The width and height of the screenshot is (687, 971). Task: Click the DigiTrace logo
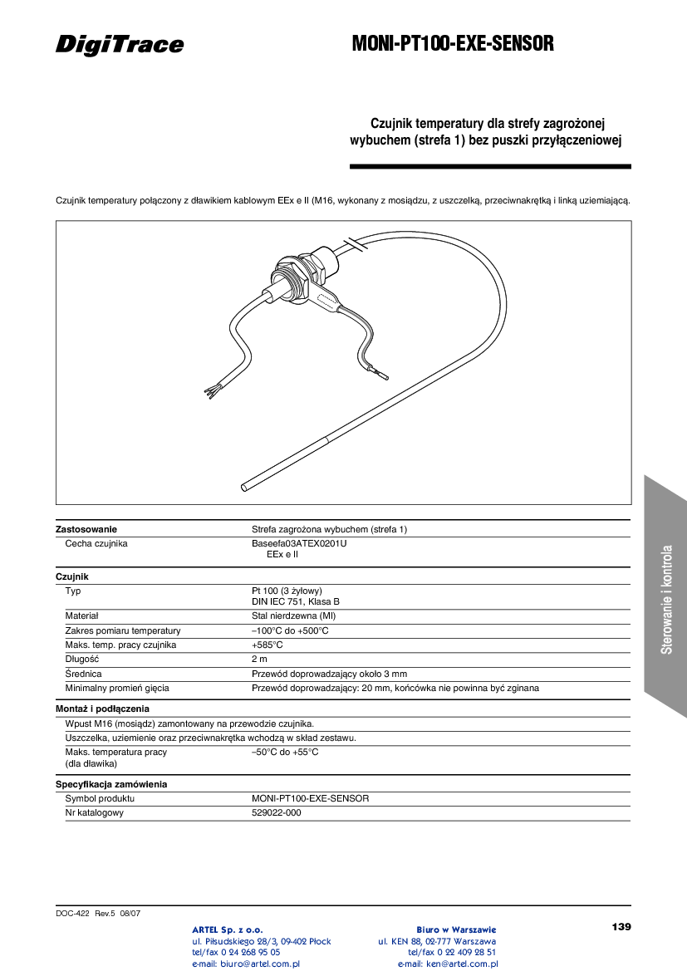point(120,45)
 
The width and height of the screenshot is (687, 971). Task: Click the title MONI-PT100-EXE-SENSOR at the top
point(453,44)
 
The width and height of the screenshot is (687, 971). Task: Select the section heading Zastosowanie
point(86,529)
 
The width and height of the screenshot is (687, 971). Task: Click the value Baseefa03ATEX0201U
point(299,543)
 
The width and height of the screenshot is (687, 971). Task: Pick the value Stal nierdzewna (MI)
point(293,616)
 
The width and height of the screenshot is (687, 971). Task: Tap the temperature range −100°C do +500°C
point(290,630)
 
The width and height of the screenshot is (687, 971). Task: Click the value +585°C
point(267,645)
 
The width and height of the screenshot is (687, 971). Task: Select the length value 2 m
point(260,659)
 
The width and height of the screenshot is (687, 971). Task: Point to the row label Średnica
point(83,674)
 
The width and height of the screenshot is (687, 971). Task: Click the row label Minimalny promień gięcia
point(117,688)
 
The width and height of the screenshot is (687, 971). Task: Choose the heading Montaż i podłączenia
point(102,709)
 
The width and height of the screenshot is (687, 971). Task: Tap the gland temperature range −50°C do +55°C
point(285,752)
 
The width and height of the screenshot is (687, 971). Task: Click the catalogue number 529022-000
point(277,812)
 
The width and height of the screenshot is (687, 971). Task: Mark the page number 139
point(621,926)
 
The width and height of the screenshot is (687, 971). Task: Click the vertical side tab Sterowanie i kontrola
point(666,598)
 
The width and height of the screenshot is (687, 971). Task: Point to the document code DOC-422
point(72,913)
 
